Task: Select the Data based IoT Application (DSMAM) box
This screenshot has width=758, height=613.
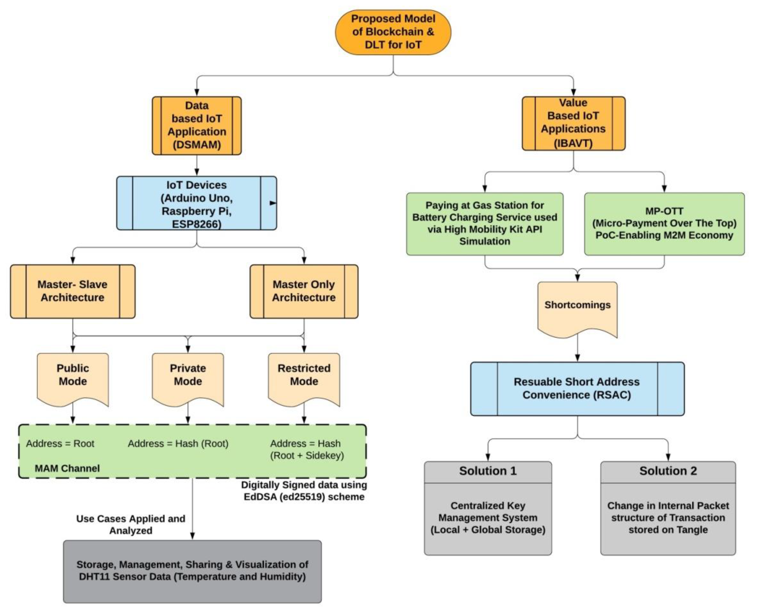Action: (x=197, y=125)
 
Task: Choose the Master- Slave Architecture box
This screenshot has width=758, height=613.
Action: (x=73, y=291)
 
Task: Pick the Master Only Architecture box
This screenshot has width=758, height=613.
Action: (x=304, y=291)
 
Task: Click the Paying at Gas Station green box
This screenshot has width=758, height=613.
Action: (x=485, y=223)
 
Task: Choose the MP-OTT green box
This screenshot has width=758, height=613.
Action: (x=664, y=223)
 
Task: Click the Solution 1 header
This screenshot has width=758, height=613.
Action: (x=488, y=471)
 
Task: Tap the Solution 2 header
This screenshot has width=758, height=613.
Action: (x=668, y=471)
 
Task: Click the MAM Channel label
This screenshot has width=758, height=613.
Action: (x=67, y=468)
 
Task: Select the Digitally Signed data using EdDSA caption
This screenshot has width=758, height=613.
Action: (x=304, y=491)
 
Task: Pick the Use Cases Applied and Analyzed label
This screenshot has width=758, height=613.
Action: (x=131, y=524)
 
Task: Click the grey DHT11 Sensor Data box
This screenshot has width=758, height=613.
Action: (x=192, y=571)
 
